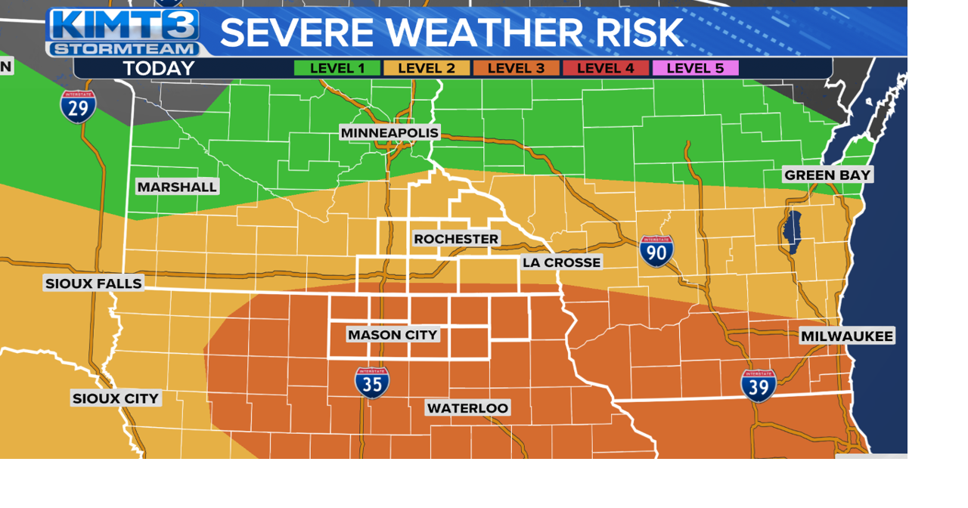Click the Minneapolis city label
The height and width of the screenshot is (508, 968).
[x=389, y=133]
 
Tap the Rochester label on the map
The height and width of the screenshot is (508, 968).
[x=456, y=239]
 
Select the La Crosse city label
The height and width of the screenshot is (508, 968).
[x=561, y=262]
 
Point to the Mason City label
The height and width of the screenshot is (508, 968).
[x=392, y=334]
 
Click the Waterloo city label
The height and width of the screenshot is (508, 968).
[x=467, y=408]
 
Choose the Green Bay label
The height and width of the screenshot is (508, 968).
[x=827, y=175]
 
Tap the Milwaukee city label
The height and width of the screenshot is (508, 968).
[x=847, y=336]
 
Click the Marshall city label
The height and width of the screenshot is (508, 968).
[x=177, y=187]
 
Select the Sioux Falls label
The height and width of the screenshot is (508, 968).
[x=94, y=283]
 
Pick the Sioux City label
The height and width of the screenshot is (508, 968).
[x=116, y=398]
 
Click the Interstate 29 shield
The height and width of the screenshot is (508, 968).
[x=79, y=107]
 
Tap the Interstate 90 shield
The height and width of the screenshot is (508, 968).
[x=656, y=251]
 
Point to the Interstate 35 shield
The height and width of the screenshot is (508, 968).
[x=372, y=383]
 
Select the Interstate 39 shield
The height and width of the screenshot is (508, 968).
[x=759, y=385]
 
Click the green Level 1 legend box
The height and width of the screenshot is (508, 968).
[x=337, y=68]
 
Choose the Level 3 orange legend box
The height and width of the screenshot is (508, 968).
[x=516, y=68]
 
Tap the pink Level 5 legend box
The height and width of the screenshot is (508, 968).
[x=695, y=68]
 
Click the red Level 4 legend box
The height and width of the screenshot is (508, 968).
[x=605, y=68]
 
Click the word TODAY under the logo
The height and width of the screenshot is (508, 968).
[x=159, y=69]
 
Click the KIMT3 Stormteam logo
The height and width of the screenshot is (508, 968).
[x=123, y=32]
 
